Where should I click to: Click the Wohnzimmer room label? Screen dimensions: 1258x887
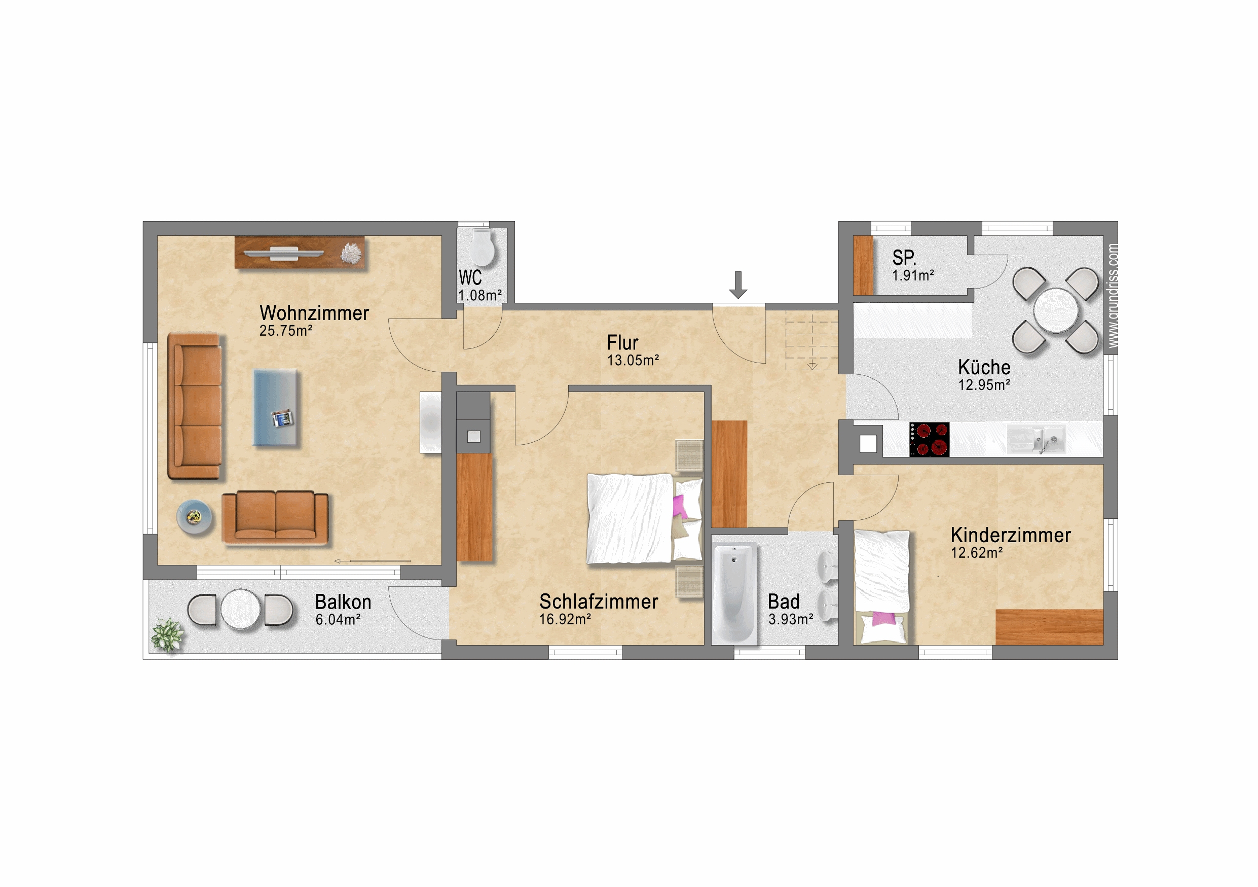tap(314, 313)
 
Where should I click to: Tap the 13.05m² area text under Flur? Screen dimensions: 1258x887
tap(633, 360)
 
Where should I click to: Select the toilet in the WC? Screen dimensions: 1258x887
tap(482, 247)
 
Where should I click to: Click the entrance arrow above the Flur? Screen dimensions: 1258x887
tap(738, 285)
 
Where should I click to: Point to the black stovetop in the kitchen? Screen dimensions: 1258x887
tap(929, 439)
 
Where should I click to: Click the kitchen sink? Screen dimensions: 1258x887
tap(1037, 440)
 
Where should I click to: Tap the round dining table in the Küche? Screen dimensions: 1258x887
tap(1056, 310)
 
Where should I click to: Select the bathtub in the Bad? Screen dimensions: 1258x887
tap(735, 594)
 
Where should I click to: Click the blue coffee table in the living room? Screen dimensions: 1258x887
tap(276, 407)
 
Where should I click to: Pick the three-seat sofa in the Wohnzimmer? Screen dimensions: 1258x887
tap(195, 406)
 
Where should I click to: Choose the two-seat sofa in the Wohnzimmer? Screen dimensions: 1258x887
tap(275, 518)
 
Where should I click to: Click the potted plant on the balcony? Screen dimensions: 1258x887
tap(167, 635)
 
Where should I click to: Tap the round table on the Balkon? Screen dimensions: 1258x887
tap(241, 610)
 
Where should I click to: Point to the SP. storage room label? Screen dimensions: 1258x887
tap(904, 258)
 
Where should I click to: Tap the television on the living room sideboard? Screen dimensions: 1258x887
tap(283, 253)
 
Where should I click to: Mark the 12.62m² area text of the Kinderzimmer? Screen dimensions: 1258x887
tap(976, 553)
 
